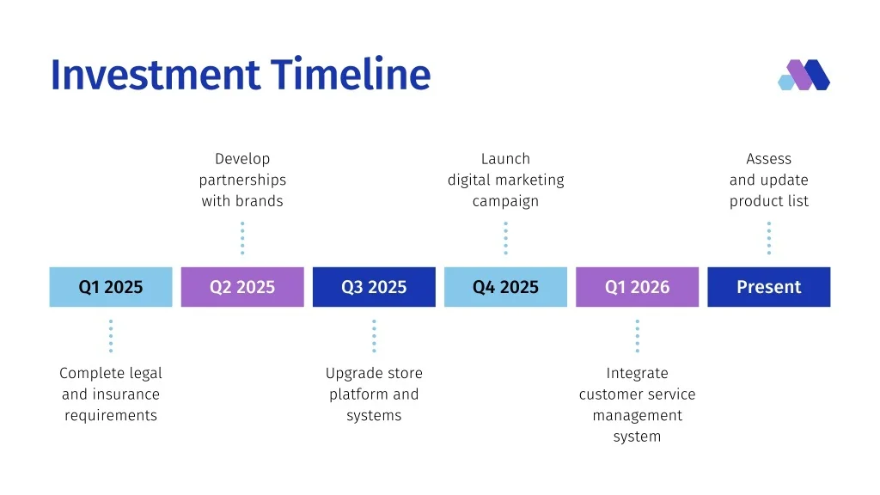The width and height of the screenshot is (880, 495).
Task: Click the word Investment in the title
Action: click(156, 74)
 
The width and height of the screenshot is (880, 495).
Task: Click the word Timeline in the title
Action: click(351, 74)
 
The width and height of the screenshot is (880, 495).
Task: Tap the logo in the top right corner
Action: click(804, 75)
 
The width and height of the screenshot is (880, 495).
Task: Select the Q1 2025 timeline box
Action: click(111, 287)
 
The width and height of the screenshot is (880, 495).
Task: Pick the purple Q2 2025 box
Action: click(242, 287)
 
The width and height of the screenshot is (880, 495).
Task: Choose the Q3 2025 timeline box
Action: click(374, 287)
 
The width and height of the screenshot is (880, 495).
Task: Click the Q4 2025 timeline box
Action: click(505, 287)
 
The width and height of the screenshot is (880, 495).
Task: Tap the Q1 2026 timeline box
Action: click(637, 287)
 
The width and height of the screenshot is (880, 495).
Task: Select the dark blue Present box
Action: click(769, 287)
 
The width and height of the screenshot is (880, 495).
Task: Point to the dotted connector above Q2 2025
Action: click(242, 238)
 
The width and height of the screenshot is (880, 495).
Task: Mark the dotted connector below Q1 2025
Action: click(111, 336)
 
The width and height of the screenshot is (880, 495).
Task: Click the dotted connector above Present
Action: click(769, 238)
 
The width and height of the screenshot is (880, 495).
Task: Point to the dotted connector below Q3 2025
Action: click(374, 336)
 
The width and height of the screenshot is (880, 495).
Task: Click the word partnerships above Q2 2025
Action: click(242, 180)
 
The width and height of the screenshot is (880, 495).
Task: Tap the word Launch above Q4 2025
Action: click(505, 159)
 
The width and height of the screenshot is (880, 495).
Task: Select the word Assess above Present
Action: click(769, 159)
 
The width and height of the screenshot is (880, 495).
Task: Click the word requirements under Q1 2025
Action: click(111, 416)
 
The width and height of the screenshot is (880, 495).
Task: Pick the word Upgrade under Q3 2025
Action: click(351, 374)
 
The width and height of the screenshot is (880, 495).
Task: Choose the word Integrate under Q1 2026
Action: click(637, 374)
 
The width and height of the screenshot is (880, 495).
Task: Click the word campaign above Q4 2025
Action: click(505, 201)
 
